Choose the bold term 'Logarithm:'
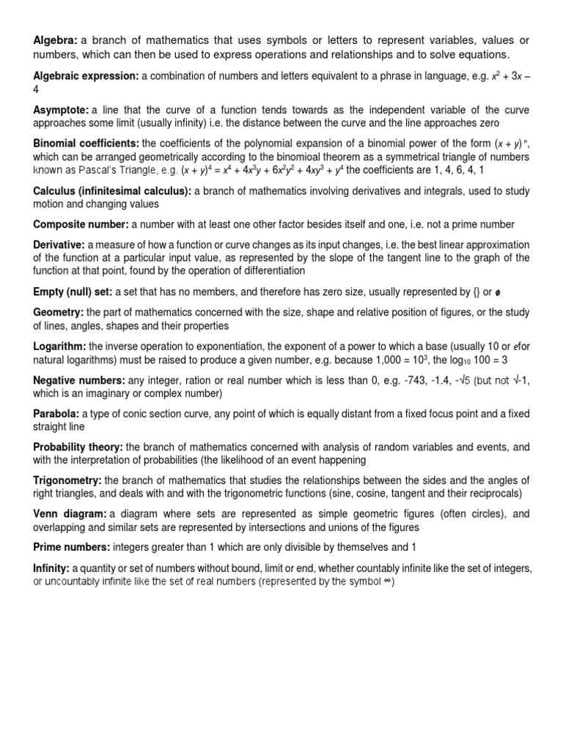tap(59, 345)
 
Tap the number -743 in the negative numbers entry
tap(388, 379)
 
